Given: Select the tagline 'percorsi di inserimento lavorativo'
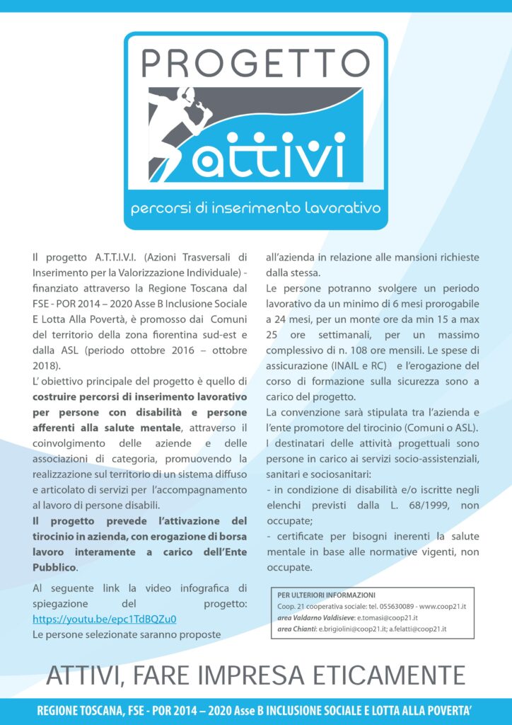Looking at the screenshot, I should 255,209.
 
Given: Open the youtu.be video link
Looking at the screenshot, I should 105,619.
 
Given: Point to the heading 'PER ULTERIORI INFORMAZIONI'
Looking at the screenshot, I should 326,595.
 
